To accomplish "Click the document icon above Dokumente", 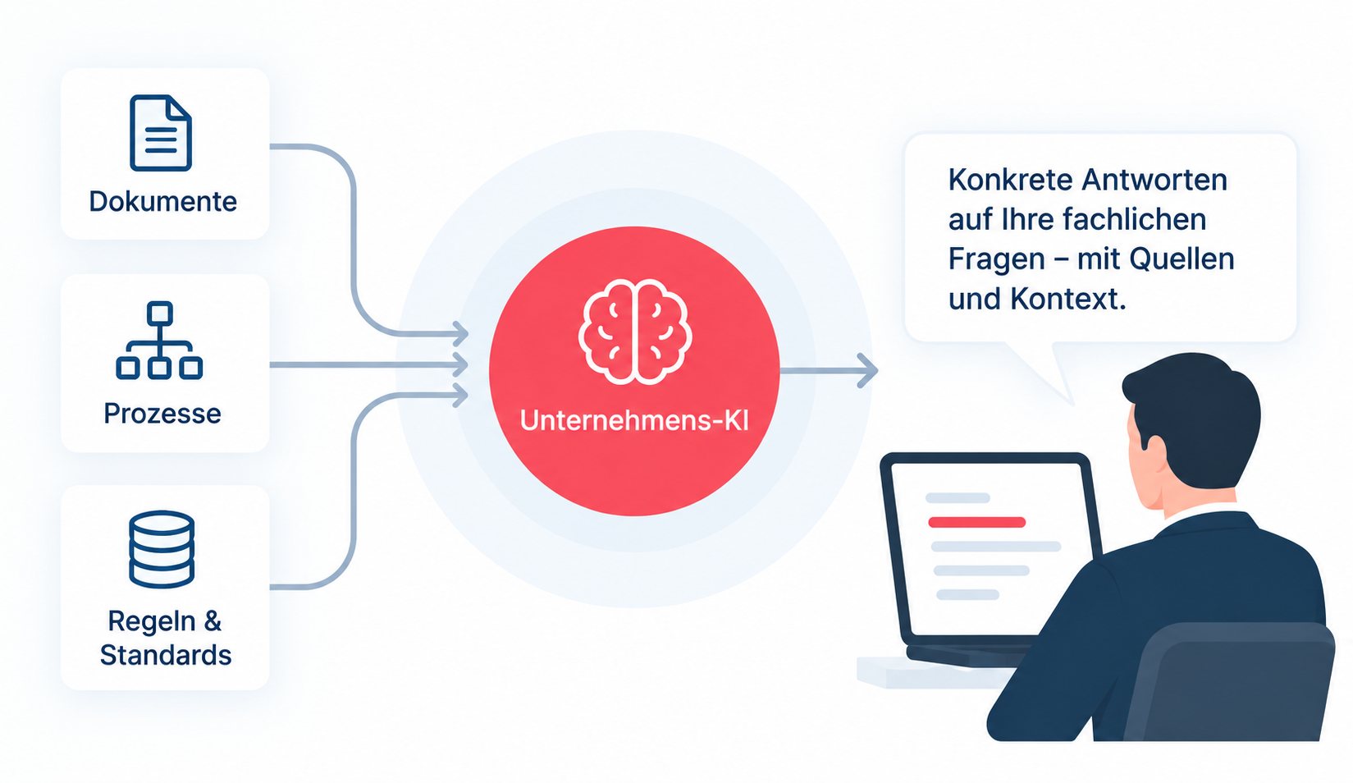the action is [161, 133].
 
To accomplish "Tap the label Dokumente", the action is [163, 202].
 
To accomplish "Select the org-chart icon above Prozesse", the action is [159, 340].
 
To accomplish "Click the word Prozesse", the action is [162, 414].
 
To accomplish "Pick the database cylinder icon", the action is [162, 549].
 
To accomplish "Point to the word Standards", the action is [166, 656].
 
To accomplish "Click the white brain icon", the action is [635, 332].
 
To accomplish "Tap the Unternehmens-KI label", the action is [634, 420].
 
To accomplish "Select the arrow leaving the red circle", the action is [829, 369].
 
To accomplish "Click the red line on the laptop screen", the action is [976, 523].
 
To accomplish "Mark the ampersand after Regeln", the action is [213, 621].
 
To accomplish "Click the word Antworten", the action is [1154, 180].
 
